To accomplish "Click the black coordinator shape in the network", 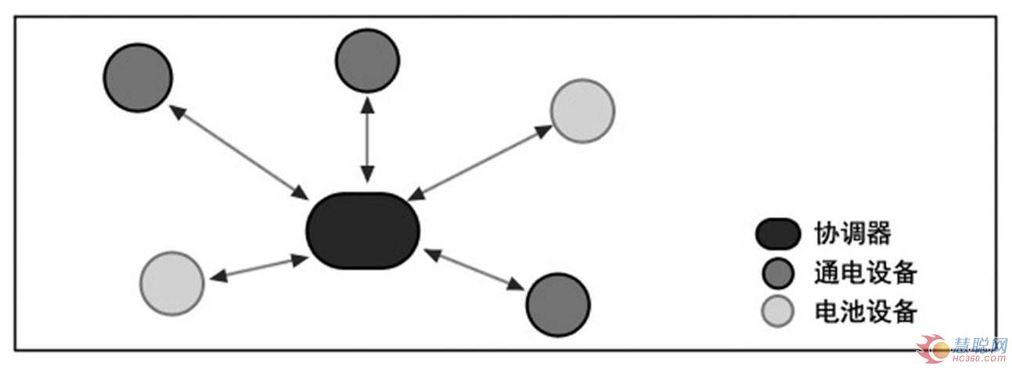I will (362, 230).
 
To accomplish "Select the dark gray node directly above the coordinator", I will (367, 60).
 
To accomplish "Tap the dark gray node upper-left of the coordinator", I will (138, 78).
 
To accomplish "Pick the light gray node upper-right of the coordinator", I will (582, 110).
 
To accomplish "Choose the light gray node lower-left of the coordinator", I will (172, 283).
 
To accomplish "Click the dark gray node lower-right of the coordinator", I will (557, 305).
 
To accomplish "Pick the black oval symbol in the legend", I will (777, 233).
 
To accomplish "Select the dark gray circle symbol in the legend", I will (777, 273).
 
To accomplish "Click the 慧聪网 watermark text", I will (978, 345).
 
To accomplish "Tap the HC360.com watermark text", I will (978, 358).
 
